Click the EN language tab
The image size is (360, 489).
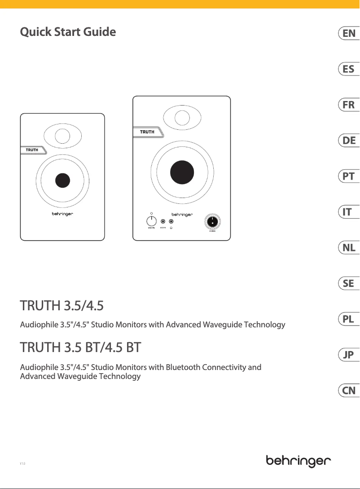tap(348, 33)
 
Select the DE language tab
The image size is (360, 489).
tap(348, 141)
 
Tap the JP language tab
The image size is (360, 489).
tap(348, 355)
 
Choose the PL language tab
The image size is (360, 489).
tap(348, 319)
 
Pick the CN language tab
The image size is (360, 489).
tap(348, 391)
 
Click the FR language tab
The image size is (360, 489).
tap(348, 105)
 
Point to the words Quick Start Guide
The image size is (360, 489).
tap(68, 32)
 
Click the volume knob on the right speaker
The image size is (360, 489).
tap(152, 221)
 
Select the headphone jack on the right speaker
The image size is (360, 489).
tap(171, 221)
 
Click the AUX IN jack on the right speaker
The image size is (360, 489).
tap(163, 221)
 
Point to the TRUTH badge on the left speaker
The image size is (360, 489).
tap(32, 150)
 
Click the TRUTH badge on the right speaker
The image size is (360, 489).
tap(147, 132)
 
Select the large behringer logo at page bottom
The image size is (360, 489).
tap(299, 461)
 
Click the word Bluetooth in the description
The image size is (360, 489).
tap(183, 355)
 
